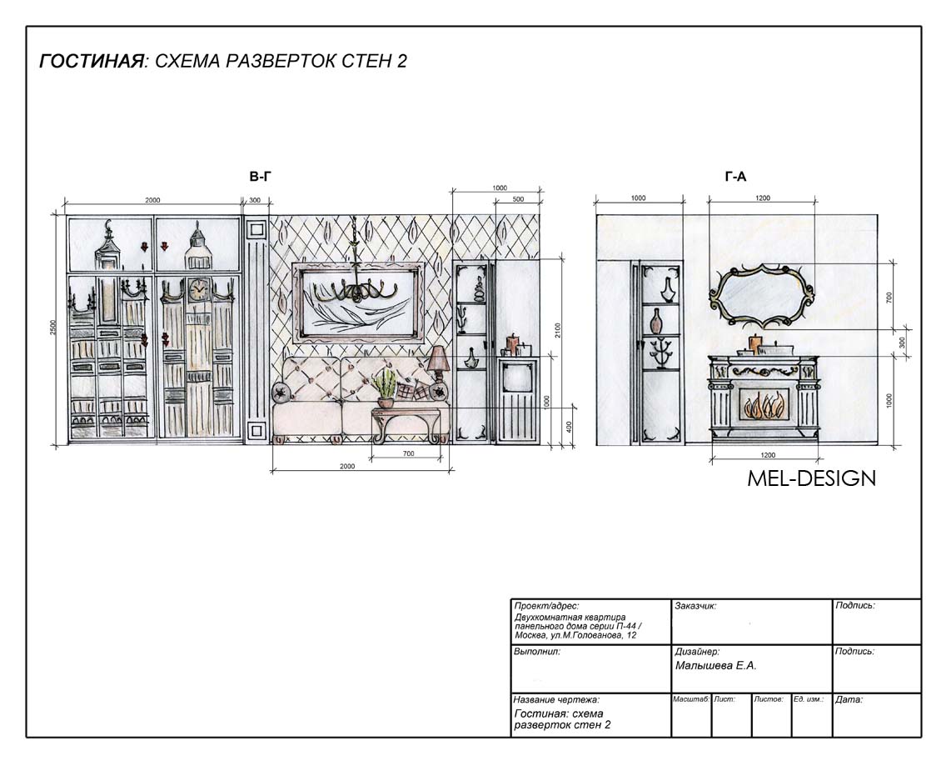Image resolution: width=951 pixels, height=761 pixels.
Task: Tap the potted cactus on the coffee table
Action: click(385, 388)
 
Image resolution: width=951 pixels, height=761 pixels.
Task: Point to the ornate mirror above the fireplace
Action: click(762, 296)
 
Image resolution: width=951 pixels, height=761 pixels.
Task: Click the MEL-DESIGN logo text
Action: click(811, 478)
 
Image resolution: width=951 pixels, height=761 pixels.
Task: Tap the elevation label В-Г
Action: click(260, 177)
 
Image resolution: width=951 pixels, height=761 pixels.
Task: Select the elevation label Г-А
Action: click(735, 177)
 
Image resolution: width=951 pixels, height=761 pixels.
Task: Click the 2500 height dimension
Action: click(52, 328)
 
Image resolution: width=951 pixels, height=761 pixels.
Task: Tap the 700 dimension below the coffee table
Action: click(408, 453)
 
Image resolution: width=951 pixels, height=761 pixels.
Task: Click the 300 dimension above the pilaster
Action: click(255, 200)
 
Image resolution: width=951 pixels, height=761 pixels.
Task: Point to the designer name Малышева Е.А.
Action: click(715, 666)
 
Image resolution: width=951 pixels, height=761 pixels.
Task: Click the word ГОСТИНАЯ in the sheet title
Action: click(92, 62)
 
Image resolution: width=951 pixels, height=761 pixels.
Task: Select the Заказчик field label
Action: click(695, 606)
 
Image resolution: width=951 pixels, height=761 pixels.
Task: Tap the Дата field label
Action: click(849, 699)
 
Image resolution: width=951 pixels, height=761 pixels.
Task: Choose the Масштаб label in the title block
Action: click(691, 699)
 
